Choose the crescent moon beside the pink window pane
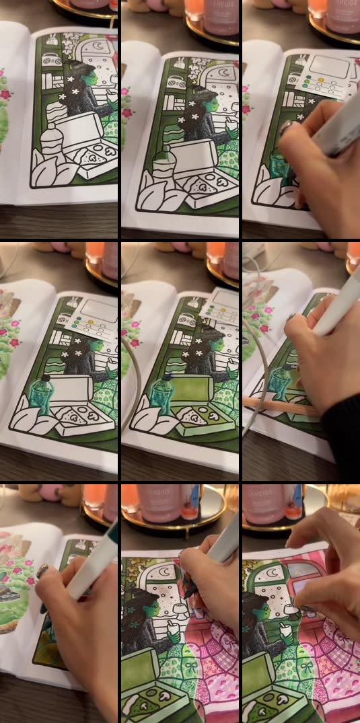(273, 574)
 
